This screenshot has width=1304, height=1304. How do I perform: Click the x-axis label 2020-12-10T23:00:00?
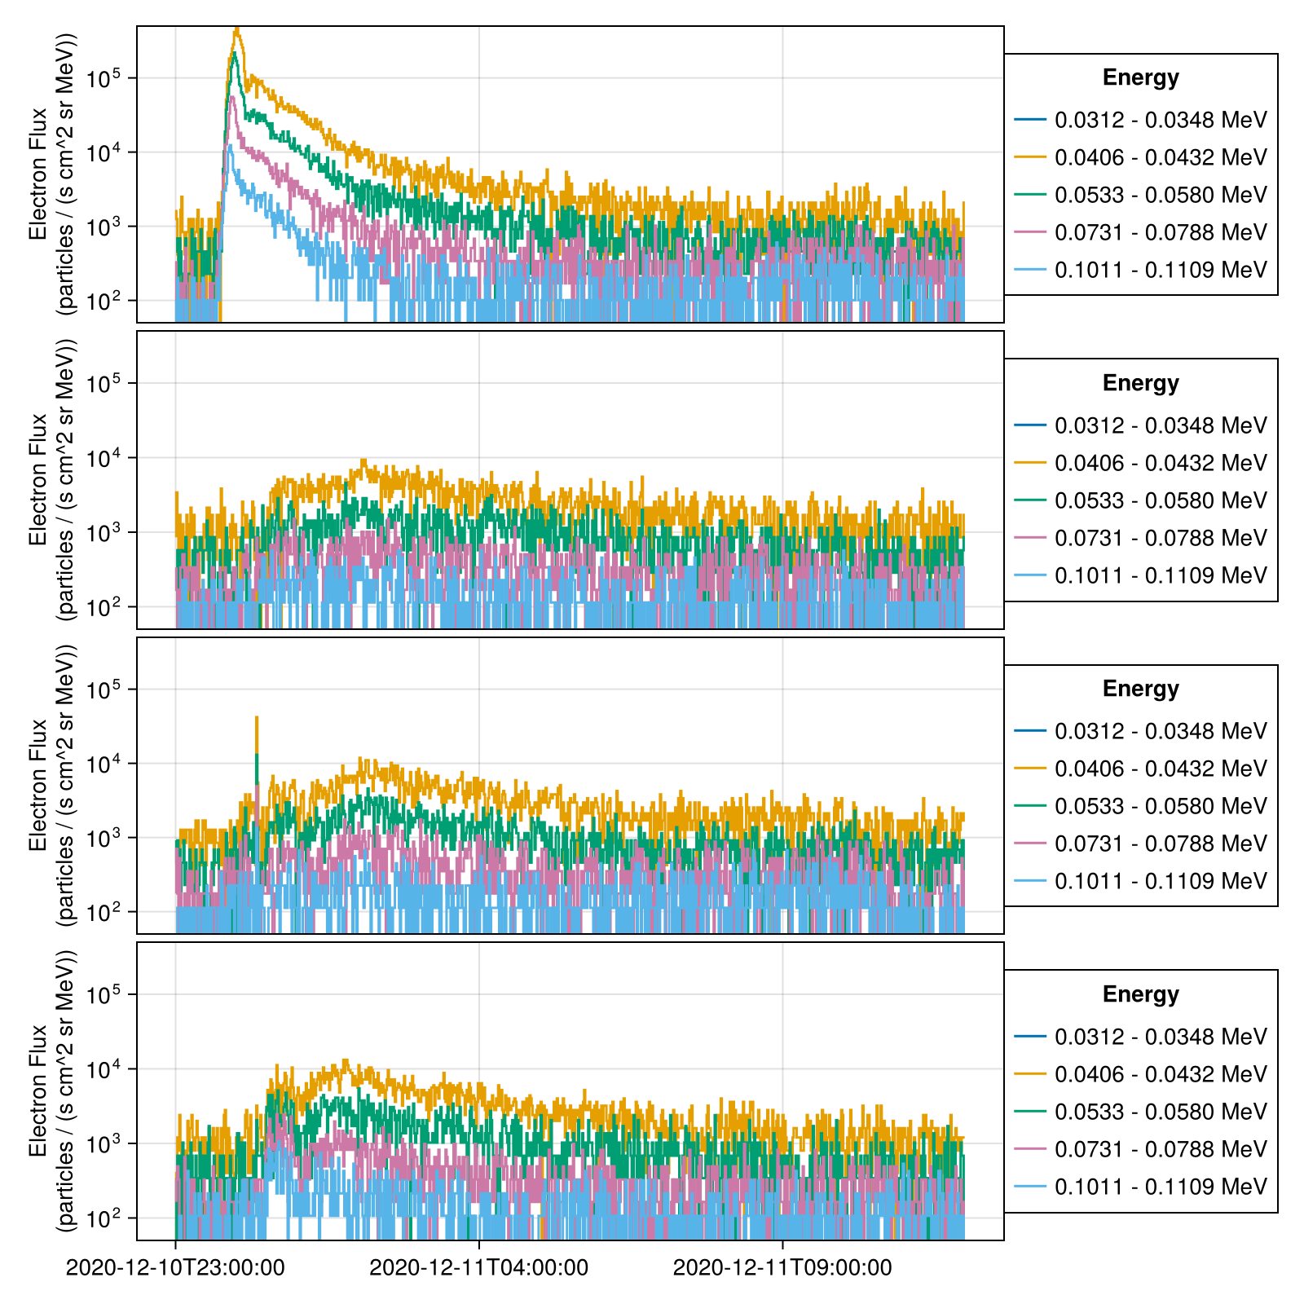[175, 1268]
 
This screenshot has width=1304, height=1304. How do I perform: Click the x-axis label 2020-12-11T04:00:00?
[478, 1268]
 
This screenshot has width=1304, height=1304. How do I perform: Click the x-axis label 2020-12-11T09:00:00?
[782, 1268]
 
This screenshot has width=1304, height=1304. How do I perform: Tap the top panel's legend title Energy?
[1140, 77]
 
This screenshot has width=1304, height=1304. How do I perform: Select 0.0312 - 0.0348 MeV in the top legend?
[1161, 120]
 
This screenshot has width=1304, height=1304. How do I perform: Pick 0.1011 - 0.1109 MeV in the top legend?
[1161, 270]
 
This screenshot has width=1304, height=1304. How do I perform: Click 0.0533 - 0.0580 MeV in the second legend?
[1161, 500]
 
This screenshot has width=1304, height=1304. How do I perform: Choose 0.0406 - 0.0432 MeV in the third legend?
[1161, 769]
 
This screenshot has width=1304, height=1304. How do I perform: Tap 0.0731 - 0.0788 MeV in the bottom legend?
[1161, 1149]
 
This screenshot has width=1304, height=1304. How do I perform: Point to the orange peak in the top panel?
[236, 30]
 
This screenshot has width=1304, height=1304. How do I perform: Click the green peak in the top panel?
[234, 54]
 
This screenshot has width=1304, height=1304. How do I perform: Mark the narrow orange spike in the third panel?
[257, 719]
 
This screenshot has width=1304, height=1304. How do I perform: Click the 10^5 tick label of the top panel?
[104, 78]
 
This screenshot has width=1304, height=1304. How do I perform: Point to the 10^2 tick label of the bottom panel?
[104, 1218]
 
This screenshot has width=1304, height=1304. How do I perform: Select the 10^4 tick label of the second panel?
[104, 458]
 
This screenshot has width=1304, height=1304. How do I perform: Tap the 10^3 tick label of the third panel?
[104, 838]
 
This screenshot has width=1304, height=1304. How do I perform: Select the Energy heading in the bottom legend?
[1140, 994]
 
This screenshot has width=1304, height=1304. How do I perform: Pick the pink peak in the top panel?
[232, 98]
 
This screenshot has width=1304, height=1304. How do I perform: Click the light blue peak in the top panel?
[231, 147]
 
